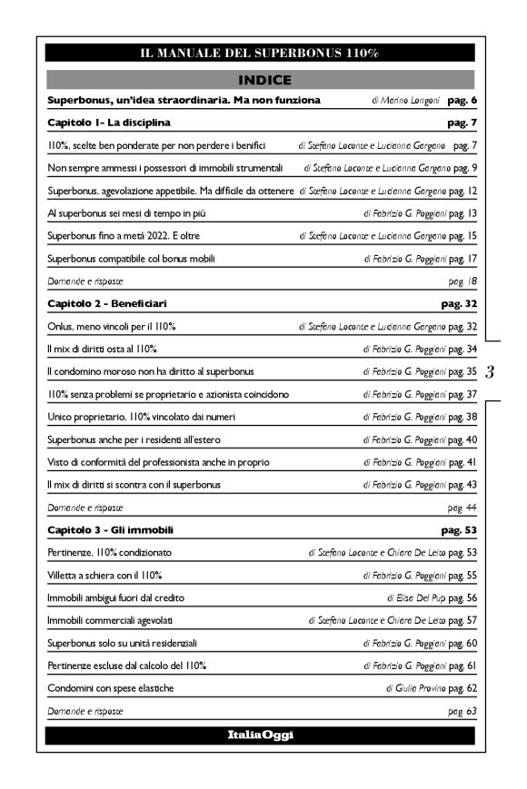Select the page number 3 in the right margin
pos(490,371)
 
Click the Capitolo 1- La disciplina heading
pos(109,121)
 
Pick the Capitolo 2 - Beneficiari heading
pos(112,302)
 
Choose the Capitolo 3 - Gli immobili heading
pos(110,529)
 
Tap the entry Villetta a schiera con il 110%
pos(104,575)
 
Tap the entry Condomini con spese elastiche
pos(110,688)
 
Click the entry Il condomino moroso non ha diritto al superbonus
pos(151,371)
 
